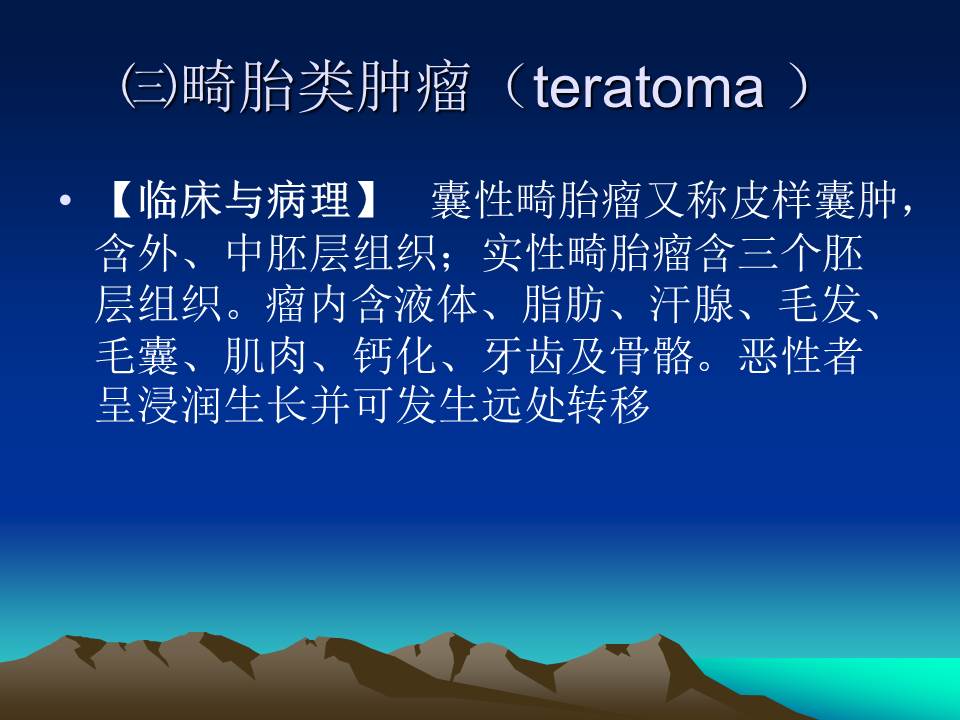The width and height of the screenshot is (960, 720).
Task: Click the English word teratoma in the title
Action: tap(648, 88)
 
